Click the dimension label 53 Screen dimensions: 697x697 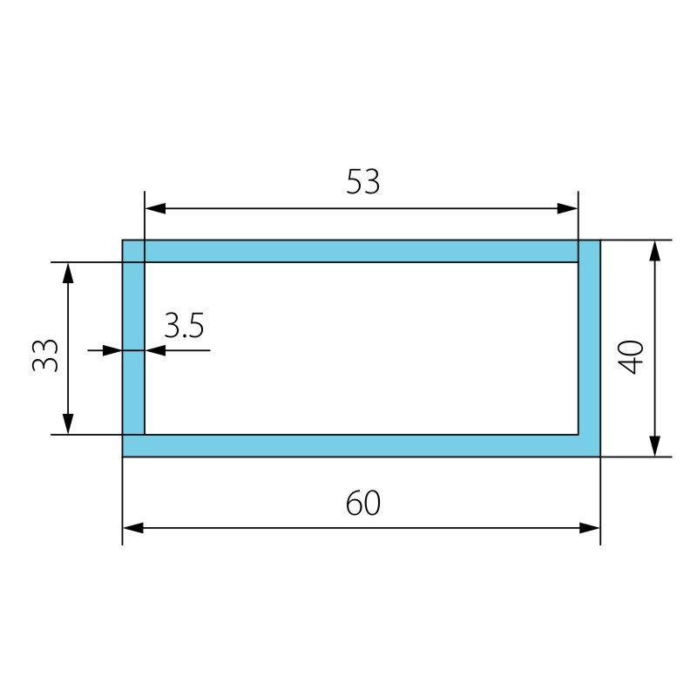point(362,182)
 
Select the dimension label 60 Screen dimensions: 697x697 point(362,503)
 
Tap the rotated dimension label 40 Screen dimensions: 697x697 point(631,357)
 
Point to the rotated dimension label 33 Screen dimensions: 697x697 point(45,355)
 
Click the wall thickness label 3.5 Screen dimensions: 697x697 point(184,325)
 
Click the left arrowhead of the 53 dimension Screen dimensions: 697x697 point(155,208)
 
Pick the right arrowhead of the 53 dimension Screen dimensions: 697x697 point(567,208)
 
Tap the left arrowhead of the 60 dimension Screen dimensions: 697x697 point(133,528)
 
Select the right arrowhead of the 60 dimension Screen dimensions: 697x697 point(590,528)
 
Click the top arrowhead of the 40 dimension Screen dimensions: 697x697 point(654,251)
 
